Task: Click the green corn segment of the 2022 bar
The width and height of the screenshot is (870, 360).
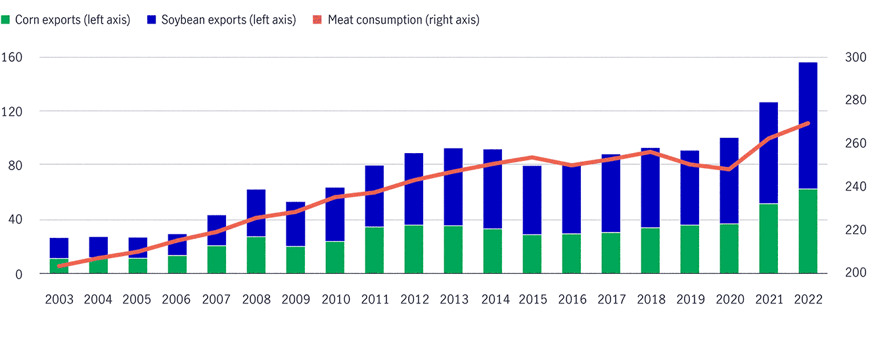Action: coord(808,231)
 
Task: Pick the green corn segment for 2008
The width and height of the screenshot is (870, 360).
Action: coord(256,255)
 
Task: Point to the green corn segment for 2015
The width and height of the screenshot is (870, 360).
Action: coord(532,254)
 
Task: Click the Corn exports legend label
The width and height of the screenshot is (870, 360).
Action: coord(72,20)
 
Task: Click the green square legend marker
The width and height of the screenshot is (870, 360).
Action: coord(6,20)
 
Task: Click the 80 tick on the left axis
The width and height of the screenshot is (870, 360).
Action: coord(14,165)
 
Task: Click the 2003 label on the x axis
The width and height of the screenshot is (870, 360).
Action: coord(58,300)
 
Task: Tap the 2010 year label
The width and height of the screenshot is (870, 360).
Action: coord(334,300)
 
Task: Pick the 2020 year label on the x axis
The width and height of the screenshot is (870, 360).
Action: coord(729,300)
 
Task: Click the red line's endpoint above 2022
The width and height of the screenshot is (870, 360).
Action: coord(808,124)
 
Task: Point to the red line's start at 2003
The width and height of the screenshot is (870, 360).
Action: coord(59,266)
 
